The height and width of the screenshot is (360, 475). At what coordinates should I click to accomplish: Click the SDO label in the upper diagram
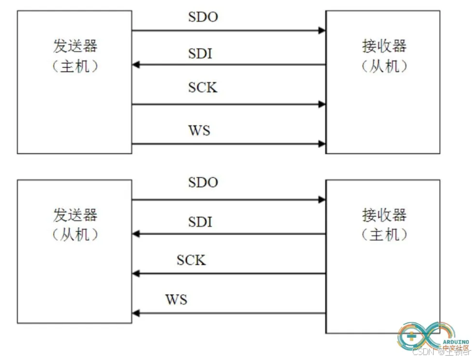coord(203,17)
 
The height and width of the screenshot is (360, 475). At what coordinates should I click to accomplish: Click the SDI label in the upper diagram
coord(200,54)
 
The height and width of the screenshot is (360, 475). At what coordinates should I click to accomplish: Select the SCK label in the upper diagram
coord(202,87)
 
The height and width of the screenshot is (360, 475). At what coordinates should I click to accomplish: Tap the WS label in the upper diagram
coord(199,130)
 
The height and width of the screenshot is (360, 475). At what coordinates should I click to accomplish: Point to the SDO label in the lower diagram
coord(203,183)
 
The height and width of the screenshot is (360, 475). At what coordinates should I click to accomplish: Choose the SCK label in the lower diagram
coord(191,260)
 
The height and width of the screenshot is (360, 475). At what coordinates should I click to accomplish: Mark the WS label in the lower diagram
coord(176,300)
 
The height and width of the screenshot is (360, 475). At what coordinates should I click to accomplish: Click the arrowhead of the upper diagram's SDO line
coord(322,30)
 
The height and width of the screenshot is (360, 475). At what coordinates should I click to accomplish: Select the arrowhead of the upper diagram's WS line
coord(322,144)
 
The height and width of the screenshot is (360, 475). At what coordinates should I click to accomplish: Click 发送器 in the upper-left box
coord(75,46)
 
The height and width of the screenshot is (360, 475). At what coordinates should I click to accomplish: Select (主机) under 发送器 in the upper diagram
coord(75,66)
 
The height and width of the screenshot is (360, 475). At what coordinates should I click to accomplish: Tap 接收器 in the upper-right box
coord(384,46)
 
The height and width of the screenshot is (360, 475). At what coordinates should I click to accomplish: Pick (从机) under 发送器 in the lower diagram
coord(75,234)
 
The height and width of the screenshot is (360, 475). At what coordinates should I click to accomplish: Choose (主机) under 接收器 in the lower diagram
coord(384,234)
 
